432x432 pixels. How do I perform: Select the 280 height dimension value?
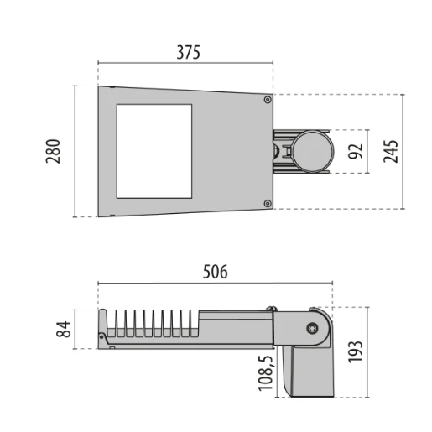(x=54, y=152)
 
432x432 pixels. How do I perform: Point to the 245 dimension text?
(x=390, y=152)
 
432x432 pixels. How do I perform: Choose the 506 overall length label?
(x=215, y=273)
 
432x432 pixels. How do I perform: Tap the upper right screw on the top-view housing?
(x=268, y=99)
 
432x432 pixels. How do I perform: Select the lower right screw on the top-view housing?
(x=268, y=203)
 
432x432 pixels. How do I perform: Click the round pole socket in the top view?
(x=311, y=151)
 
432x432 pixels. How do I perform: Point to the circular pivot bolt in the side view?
(x=312, y=329)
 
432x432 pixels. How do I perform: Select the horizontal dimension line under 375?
(x=185, y=62)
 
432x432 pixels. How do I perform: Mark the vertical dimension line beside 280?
(x=76, y=151)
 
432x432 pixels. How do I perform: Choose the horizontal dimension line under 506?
(x=216, y=283)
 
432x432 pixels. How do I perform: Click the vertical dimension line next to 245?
(x=403, y=152)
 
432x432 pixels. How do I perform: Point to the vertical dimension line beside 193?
(x=369, y=352)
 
